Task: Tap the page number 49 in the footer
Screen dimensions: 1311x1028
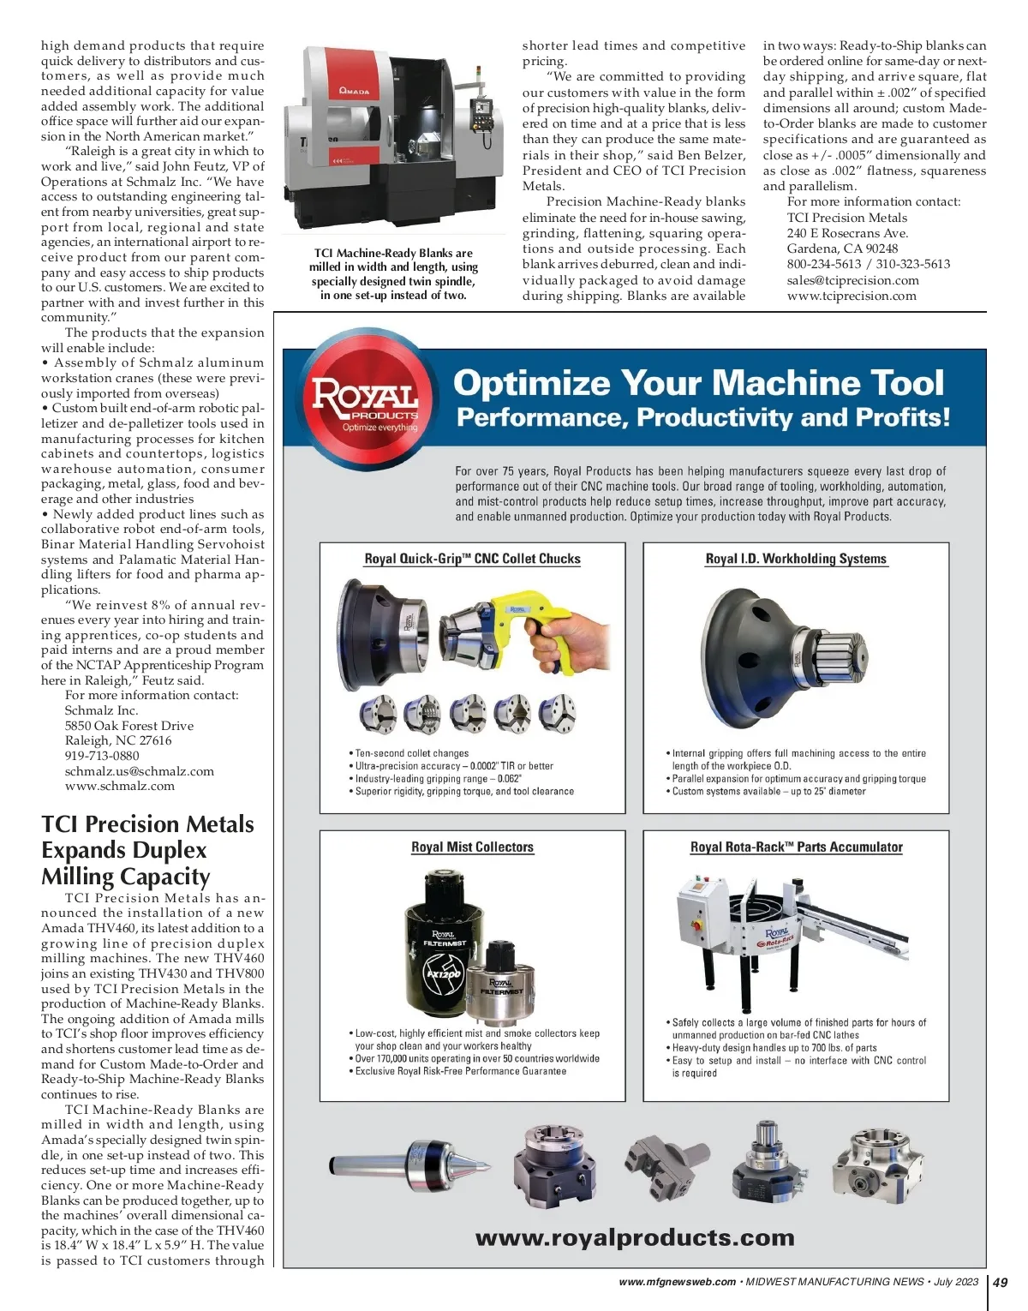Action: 999,1282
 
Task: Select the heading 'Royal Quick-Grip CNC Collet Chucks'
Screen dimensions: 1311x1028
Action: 472,559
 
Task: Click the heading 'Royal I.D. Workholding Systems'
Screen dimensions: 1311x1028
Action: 795,559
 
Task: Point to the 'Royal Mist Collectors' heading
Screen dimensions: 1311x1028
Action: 472,847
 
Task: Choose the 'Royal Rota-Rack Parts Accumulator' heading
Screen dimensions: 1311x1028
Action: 796,847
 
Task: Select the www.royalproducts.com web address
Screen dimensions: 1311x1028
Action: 634,1237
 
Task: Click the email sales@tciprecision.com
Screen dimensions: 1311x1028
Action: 852,280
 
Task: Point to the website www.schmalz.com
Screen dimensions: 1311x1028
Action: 120,786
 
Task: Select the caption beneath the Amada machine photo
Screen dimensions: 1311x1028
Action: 392,274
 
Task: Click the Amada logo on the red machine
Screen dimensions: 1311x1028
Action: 354,91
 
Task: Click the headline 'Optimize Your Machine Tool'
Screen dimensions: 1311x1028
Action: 698,382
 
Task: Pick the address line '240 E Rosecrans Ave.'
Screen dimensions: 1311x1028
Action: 847,233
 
